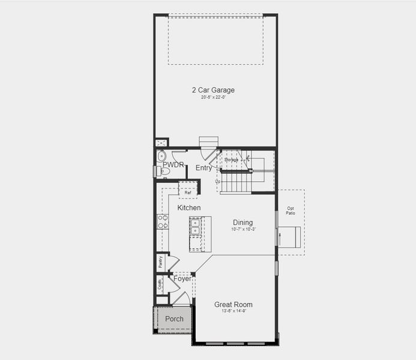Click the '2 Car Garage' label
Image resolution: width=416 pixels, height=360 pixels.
click(x=213, y=90)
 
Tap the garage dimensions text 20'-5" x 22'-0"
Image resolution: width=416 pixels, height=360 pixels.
click(x=213, y=97)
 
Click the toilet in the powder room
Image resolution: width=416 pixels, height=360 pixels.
click(x=163, y=172)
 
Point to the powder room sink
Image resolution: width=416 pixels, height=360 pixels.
click(x=161, y=156)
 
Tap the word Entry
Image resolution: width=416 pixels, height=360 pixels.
click(x=203, y=168)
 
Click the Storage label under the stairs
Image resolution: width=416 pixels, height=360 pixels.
click(x=232, y=160)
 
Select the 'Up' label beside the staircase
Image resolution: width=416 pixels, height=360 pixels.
click(x=218, y=181)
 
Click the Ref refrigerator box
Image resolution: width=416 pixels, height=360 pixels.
click(x=188, y=193)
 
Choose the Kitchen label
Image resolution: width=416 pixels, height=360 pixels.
click(x=188, y=208)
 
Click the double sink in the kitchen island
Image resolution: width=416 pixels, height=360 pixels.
click(x=196, y=226)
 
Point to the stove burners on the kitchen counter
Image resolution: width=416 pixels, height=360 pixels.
click(x=162, y=222)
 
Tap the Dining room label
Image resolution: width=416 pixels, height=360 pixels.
click(x=243, y=223)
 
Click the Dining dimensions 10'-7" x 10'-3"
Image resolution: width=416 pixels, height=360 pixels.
click(x=243, y=229)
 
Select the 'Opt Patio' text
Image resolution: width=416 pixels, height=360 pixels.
click(x=291, y=211)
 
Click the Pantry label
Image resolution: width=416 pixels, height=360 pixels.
click(x=160, y=261)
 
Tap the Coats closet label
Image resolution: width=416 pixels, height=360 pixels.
click(x=160, y=284)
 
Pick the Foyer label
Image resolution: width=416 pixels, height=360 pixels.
click(x=182, y=279)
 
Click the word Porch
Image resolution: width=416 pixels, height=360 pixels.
click(x=174, y=319)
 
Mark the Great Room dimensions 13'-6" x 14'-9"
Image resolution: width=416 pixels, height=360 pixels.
click(x=234, y=311)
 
